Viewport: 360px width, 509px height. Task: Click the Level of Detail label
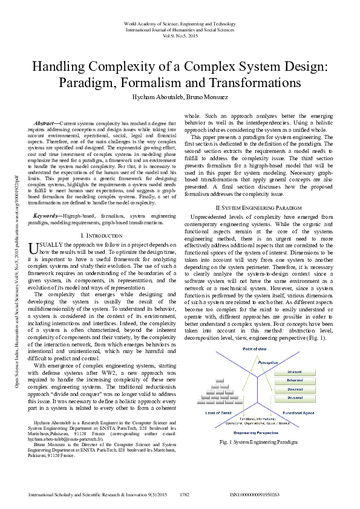click(219, 413)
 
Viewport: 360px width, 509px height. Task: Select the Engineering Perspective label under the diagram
click(257, 433)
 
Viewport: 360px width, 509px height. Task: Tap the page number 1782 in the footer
click(185, 494)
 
